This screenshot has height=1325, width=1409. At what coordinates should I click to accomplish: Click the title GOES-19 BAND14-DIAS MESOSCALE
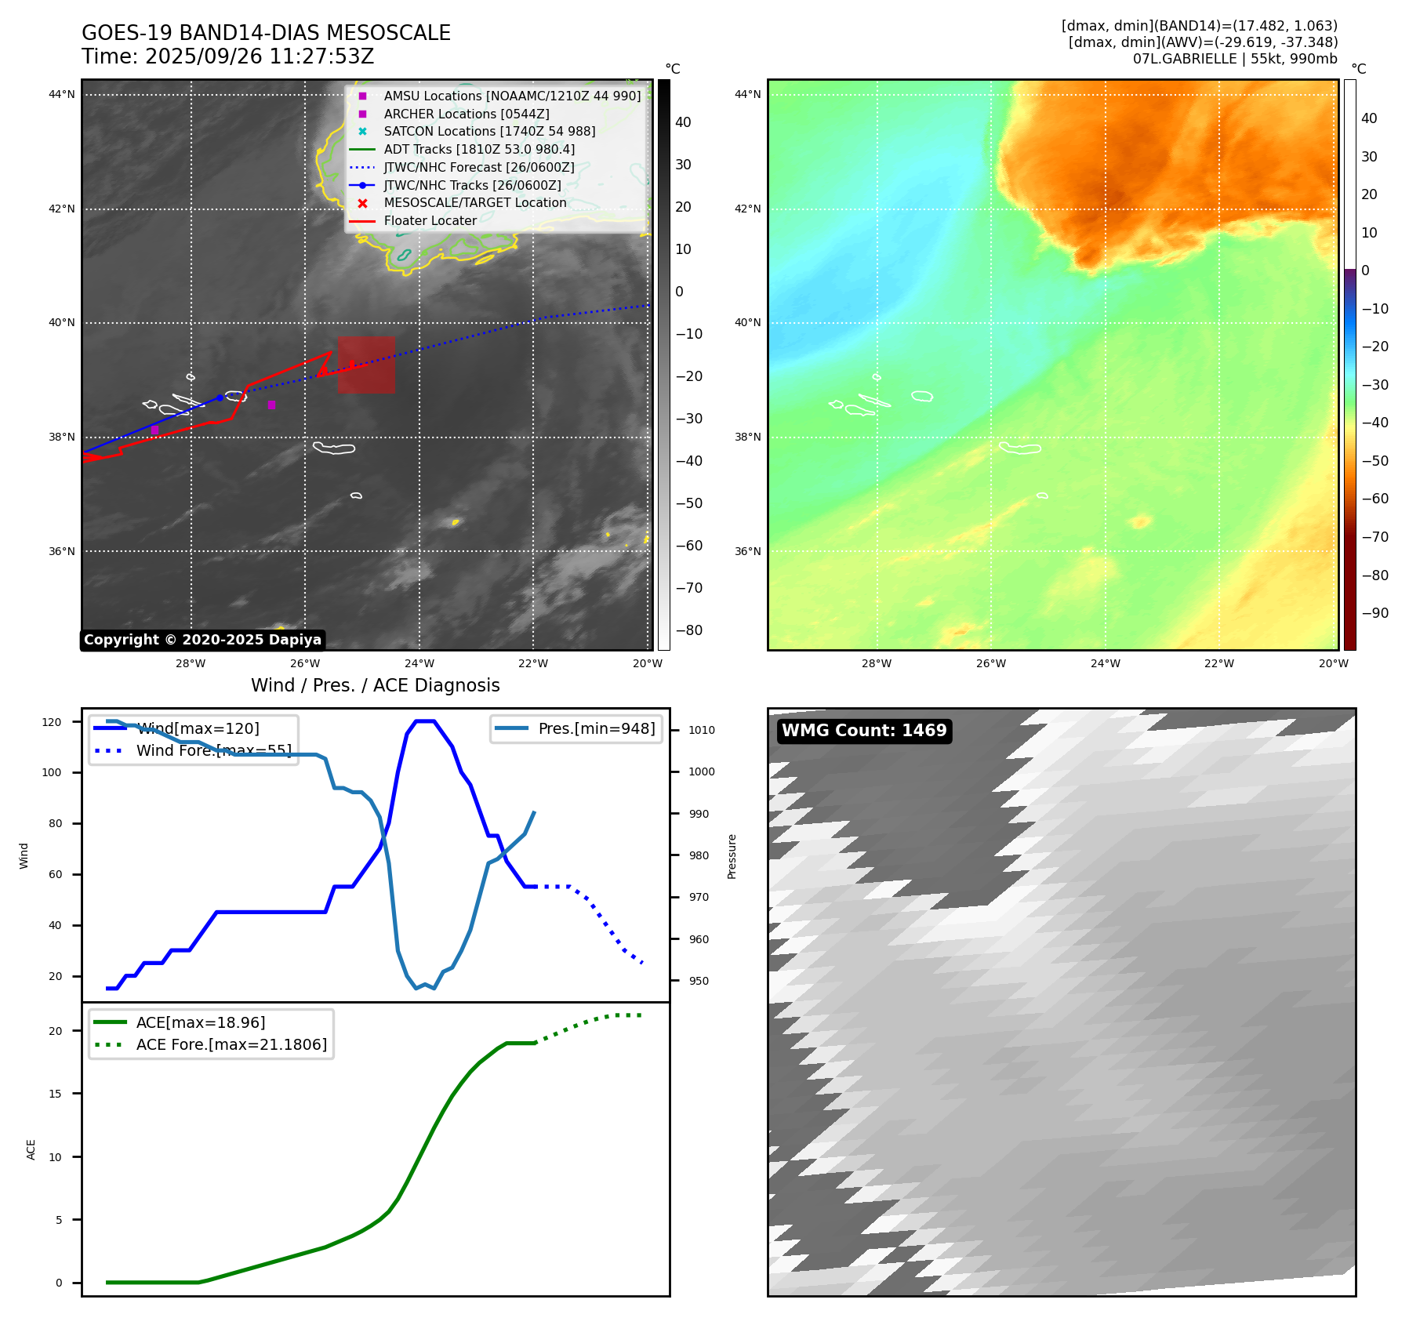[266, 33]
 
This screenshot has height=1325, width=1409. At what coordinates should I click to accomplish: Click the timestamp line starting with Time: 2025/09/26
[227, 56]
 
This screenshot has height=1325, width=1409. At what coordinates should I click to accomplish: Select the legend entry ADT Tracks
[478, 149]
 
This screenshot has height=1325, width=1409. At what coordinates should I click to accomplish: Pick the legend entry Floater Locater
[430, 221]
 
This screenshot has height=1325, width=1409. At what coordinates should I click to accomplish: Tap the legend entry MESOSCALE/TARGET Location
[474, 203]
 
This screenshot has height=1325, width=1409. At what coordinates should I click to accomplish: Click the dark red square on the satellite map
[366, 365]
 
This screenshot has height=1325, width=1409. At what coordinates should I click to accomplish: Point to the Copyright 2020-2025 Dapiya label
[202, 640]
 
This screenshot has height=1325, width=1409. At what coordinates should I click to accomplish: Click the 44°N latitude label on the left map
[62, 95]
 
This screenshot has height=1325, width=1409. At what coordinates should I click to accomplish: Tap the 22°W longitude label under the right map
[1218, 663]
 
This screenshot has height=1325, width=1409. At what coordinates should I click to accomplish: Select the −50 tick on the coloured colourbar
[1375, 461]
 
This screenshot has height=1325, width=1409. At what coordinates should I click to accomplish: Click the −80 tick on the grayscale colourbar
[688, 630]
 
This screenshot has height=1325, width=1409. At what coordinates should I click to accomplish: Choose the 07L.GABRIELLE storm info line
[1235, 59]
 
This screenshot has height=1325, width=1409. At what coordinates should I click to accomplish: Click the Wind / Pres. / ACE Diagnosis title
[375, 685]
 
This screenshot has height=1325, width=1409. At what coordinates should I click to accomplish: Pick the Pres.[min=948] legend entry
[596, 728]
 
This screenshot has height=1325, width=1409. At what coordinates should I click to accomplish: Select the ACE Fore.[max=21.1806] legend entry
[231, 1044]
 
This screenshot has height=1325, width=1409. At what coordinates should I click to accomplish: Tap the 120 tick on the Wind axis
[52, 722]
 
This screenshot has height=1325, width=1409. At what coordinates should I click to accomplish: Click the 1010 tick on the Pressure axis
[701, 730]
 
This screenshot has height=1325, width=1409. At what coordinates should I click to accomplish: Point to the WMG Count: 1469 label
[864, 731]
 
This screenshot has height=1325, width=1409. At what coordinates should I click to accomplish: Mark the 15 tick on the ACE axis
[55, 1094]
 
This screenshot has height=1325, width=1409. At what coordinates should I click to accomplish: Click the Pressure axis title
[732, 856]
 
